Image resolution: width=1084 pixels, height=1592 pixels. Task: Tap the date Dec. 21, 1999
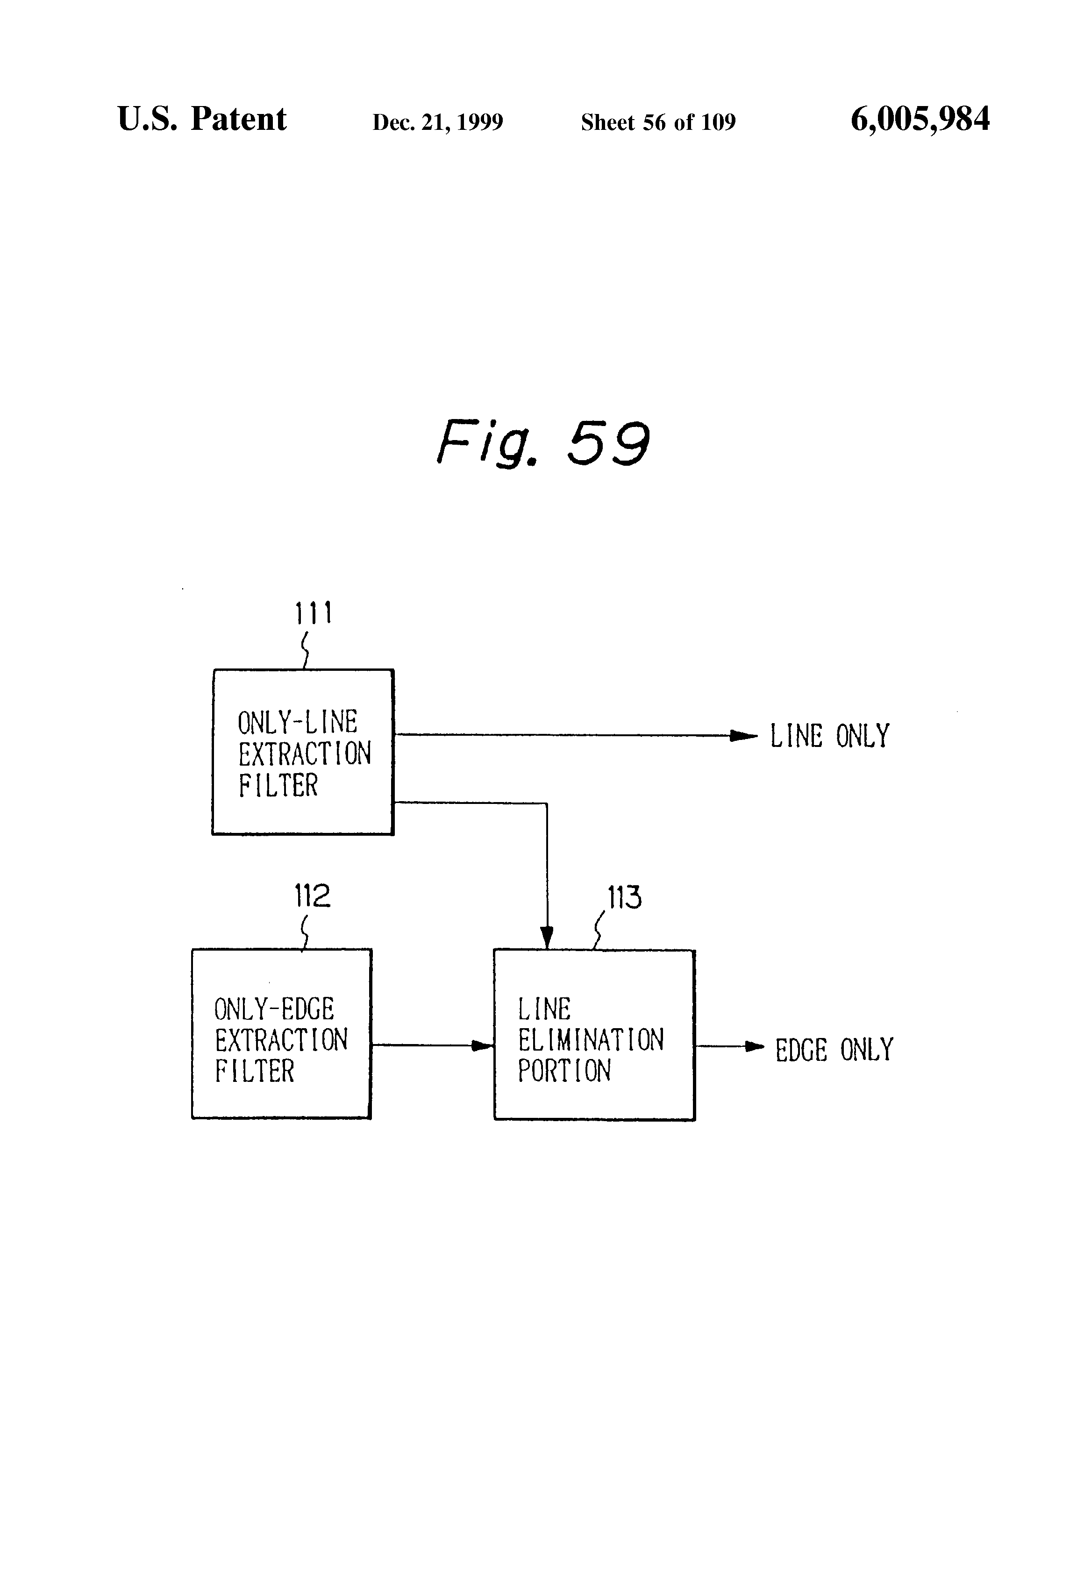pyautogui.click(x=437, y=122)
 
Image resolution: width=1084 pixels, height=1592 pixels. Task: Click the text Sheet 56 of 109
pyautogui.click(x=658, y=122)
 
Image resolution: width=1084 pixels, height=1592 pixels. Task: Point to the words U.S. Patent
pyautogui.click(x=201, y=119)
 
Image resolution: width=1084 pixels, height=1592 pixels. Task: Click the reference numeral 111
pyautogui.click(x=313, y=613)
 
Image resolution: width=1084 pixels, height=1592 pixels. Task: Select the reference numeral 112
pyautogui.click(x=312, y=895)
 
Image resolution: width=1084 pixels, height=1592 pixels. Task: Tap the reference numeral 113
pyautogui.click(x=624, y=897)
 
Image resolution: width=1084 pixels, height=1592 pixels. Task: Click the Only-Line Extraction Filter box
pyautogui.click(x=303, y=752)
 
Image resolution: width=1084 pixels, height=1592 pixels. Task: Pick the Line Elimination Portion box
pyautogui.click(x=594, y=1034)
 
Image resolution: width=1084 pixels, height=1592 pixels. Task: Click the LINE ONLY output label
pyautogui.click(x=829, y=736)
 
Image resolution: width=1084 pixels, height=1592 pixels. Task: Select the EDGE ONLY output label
pyautogui.click(x=834, y=1050)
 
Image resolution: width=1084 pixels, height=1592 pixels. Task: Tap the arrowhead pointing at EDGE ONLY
pyautogui.click(x=754, y=1046)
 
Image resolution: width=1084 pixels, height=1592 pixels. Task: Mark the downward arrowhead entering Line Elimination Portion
pyautogui.click(x=546, y=937)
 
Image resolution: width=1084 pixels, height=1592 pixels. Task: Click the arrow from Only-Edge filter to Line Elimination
pyautogui.click(x=432, y=1045)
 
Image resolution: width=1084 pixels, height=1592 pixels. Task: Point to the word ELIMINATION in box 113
pyautogui.click(x=591, y=1040)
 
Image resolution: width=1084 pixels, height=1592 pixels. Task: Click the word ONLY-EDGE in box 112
pyautogui.click(x=274, y=1009)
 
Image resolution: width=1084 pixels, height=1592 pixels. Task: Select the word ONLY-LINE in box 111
pyautogui.click(x=297, y=722)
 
